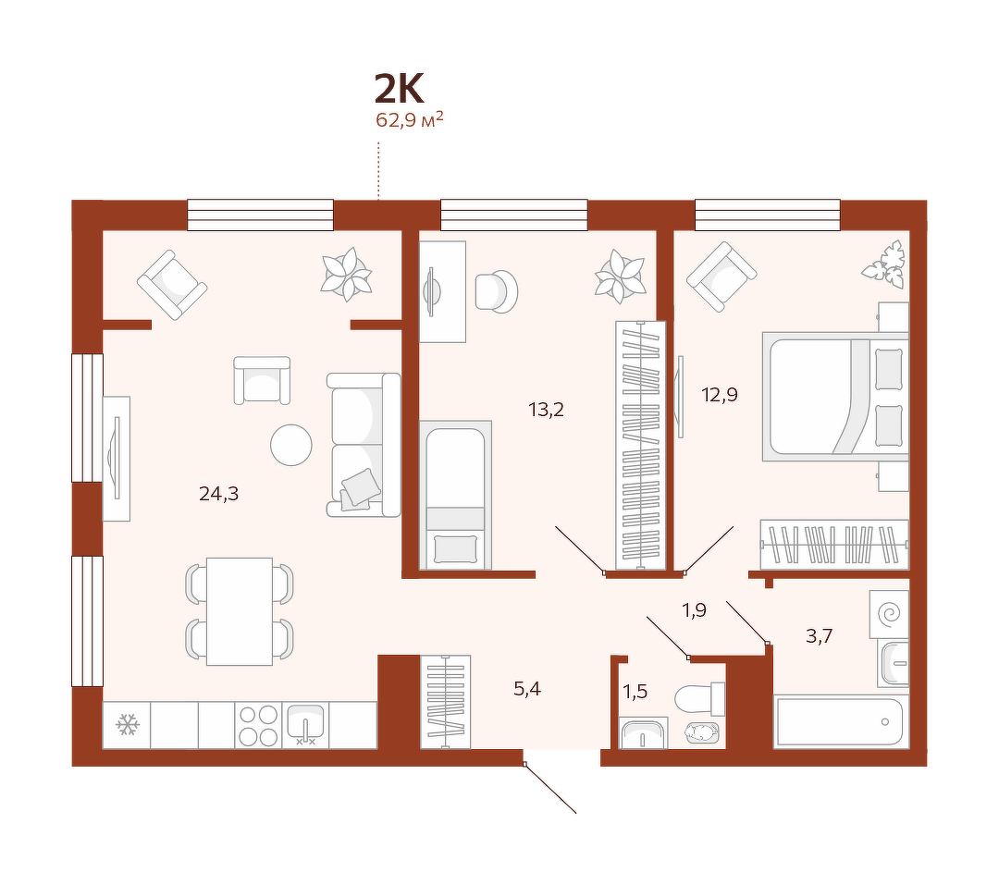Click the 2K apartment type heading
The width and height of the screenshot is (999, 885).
(x=399, y=89)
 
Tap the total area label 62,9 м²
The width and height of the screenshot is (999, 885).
(x=409, y=119)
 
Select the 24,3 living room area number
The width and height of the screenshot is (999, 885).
(x=218, y=493)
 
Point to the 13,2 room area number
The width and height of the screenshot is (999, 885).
(x=546, y=409)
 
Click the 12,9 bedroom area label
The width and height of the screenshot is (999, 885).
(x=720, y=395)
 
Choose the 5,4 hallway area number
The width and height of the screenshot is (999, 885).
(x=527, y=689)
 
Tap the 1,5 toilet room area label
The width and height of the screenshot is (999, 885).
(x=635, y=692)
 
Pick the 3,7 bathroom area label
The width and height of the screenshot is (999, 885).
(x=819, y=636)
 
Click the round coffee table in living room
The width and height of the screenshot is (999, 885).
(x=291, y=445)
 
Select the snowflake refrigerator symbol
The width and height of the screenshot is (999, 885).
(x=127, y=725)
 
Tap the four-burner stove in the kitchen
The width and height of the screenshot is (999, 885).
(x=258, y=725)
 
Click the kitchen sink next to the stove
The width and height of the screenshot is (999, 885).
(x=305, y=725)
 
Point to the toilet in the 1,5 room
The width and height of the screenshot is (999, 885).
(x=699, y=699)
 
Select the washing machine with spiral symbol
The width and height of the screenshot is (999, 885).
(x=890, y=614)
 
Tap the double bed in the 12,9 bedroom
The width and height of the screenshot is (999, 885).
(x=835, y=396)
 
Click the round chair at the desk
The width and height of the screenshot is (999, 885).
(x=496, y=292)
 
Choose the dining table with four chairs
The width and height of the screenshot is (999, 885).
(x=240, y=611)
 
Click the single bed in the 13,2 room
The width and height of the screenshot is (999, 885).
(x=455, y=495)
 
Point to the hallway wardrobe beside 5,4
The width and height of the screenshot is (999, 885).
(x=445, y=702)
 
